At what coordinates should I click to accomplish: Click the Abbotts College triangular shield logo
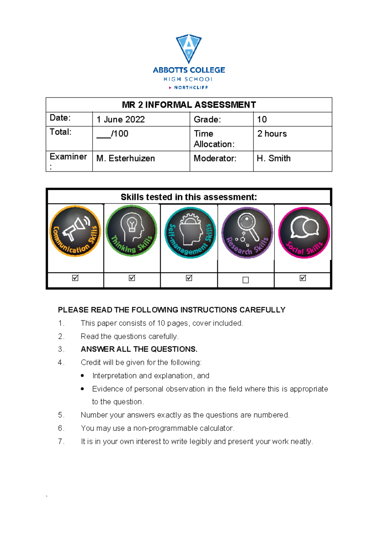[189, 48]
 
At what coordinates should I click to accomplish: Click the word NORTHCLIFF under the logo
[191, 88]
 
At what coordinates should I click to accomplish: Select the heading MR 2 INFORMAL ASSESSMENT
[189, 105]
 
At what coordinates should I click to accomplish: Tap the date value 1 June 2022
[121, 120]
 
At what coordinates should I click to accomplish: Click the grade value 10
[262, 120]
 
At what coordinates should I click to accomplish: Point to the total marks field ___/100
[112, 134]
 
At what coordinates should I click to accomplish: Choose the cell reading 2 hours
[272, 134]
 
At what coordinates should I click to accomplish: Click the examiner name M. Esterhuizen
[125, 158]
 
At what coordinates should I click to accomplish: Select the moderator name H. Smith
[273, 158]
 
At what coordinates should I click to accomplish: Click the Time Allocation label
[214, 139]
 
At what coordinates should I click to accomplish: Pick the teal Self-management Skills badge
[190, 233]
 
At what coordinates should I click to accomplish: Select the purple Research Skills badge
[247, 233]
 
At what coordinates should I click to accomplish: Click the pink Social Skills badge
[304, 233]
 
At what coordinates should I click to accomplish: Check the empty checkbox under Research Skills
[246, 280]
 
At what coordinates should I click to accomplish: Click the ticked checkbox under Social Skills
[303, 278]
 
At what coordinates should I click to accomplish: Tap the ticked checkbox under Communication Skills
[75, 278]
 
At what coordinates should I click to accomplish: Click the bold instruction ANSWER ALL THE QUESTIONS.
[139, 349]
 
